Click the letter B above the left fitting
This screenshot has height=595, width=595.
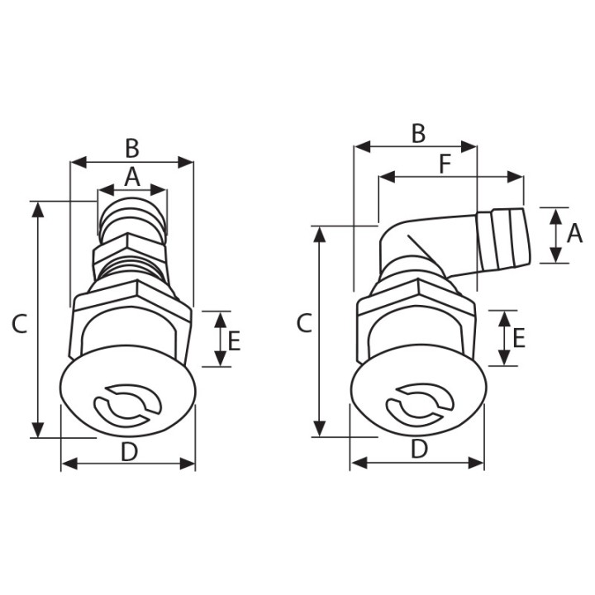pyautogui.click(x=131, y=148)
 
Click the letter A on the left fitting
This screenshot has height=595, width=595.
pyautogui.click(x=131, y=176)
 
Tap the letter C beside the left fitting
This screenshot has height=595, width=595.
pyautogui.click(x=20, y=323)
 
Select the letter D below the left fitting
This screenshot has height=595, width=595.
pyautogui.click(x=129, y=451)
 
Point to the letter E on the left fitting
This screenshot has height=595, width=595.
pyautogui.click(x=234, y=340)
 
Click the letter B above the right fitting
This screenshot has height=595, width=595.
pyautogui.click(x=418, y=133)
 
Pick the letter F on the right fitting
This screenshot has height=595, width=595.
pyautogui.click(x=445, y=164)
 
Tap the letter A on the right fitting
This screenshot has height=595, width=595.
pyautogui.click(x=574, y=234)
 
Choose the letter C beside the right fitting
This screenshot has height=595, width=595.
pyautogui.click(x=304, y=323)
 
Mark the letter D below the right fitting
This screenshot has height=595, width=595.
pyautogui.click(x=419, y=450)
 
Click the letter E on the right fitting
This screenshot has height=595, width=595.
pyautogui.click(x=519, y=338)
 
